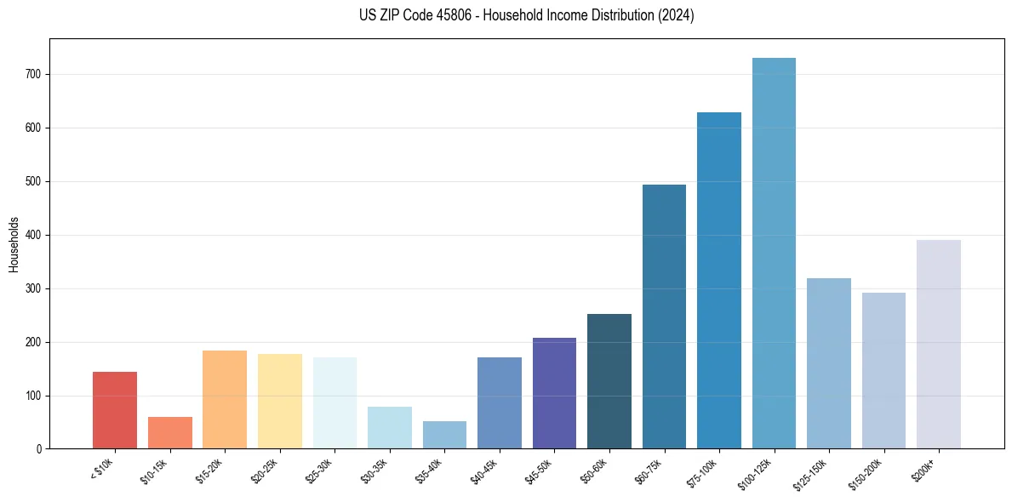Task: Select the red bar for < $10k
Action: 115,410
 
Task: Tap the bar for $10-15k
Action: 169,432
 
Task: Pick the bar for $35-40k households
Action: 444,435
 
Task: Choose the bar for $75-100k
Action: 719,281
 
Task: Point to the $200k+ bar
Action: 939,345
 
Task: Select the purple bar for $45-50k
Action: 554,393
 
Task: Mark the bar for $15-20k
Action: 225,399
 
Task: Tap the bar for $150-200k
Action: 883,370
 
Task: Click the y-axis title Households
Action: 14,244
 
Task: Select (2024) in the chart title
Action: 673,15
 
